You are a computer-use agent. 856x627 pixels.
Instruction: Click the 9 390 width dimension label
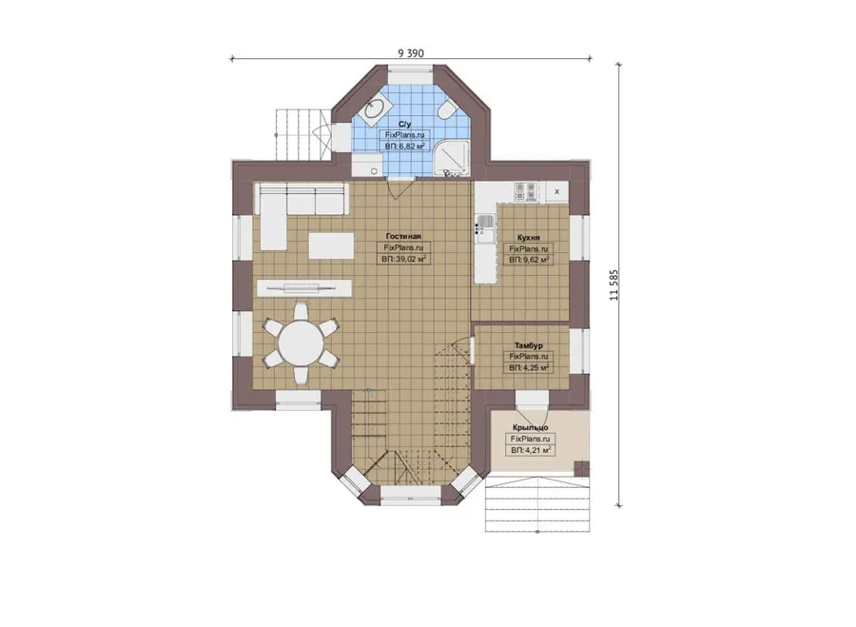point(411,53)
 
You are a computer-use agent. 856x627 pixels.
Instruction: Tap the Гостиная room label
point(403,236)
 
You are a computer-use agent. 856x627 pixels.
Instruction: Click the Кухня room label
point(529,238)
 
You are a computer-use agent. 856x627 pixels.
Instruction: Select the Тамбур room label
point(529,345)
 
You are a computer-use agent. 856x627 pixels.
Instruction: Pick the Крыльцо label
point(530,427)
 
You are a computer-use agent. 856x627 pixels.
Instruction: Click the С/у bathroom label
point(404,124)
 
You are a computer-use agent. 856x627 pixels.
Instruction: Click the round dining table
point(301,343)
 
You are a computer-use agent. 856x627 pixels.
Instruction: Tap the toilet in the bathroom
point(445,109)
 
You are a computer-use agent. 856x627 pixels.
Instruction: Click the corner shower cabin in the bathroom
point(452,157)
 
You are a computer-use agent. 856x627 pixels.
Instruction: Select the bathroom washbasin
point(375,109)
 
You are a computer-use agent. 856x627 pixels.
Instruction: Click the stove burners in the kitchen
point(526,191)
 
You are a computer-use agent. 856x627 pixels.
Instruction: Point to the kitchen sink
point(484,229)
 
